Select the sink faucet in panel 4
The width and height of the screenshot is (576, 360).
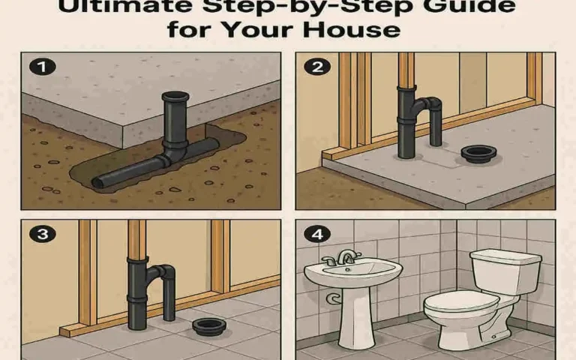346,257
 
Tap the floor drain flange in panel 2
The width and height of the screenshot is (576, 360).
475,153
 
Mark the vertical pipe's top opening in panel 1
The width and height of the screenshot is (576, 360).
177,96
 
